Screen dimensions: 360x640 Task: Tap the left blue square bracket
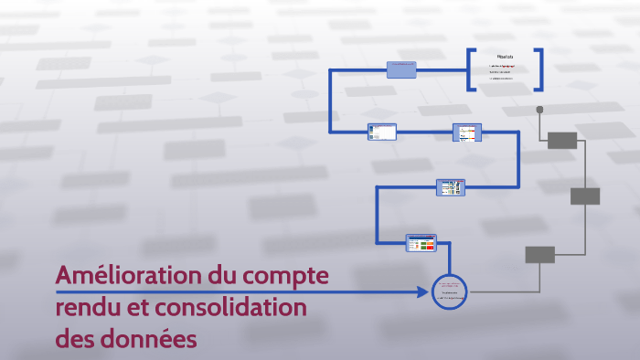(x=471, y=69)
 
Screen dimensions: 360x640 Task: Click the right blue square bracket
(x=539, y=69)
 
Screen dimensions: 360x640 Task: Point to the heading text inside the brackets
(x=505, y=57)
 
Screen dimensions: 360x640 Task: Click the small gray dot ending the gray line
(x=539, y=110)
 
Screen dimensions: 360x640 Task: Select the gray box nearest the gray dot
(x=563, y=140)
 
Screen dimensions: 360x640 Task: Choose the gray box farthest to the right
(x=585, y=196)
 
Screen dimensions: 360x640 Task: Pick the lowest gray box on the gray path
(x=539, y=255)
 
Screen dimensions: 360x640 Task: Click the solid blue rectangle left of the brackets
(x=402, y=69)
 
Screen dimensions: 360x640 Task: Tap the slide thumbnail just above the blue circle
(x=421, y=242)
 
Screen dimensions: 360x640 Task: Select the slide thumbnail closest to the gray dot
(x=467, y=132)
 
